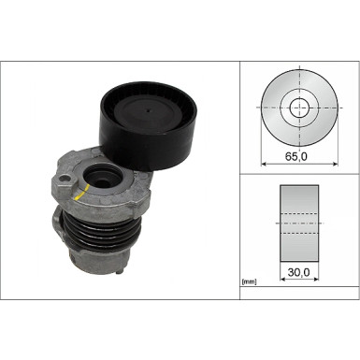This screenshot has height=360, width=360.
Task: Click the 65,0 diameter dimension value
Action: (x=300, y=157)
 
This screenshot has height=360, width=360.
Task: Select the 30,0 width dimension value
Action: (x=300, y=273)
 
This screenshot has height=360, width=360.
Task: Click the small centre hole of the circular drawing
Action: (x=300, y=107)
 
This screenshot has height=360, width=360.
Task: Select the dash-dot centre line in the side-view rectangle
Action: (x=300, y=225)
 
